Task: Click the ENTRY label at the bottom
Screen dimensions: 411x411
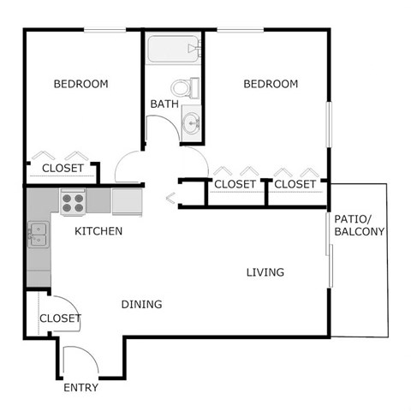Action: [81, 388]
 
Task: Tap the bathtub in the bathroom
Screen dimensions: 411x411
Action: [172, 49]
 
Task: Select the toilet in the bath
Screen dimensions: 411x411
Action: [186, 87]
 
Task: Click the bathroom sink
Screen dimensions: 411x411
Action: [192, 123]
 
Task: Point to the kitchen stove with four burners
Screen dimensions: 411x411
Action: [73, 202]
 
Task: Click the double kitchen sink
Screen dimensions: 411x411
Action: [38, 234]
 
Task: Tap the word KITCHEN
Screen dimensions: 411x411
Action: [98, 231]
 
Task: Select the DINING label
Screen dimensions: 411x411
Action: [141, 304]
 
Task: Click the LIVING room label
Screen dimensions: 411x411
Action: [265, 272]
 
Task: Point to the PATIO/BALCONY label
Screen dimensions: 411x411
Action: [359, 224]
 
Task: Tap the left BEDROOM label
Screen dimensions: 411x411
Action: [80, 84]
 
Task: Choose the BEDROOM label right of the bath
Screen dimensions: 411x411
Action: [271, 84]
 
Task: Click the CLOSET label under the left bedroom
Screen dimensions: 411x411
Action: [63, 169]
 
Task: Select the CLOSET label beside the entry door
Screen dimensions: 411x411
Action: [60, 319]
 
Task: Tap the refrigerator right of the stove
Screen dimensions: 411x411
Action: [128, 202]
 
